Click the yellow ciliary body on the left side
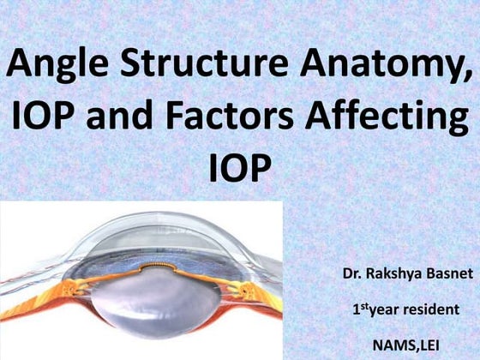(x=51, y=287)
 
